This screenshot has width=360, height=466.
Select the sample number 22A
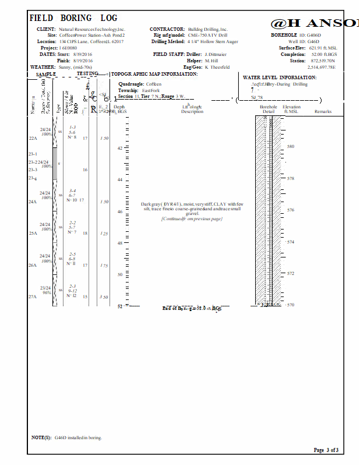pyautogui.click(x=33, y=139)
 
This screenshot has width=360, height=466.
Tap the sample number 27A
pyautogui.click(x=33, y=297)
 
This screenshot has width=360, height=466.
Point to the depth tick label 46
pyautogui.click(x=120, y=211)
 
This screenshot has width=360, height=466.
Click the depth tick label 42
pyautogui.click(x=120, y=148)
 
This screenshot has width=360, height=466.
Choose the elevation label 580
pyautogui.click(x=291, y=147)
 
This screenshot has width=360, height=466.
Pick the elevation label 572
pyautogui.click(x=291, y=273)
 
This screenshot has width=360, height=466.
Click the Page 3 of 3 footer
pyautogui.click(x=326, y=450)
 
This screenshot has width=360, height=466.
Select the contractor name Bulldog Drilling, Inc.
pyautogui.click(x=208, y=29)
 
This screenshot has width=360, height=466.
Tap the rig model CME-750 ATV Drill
pyautogui.click(x=207, y=36)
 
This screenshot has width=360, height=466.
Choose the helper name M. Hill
pyautogui.click(x=211, y=61)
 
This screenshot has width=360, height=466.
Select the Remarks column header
pyautogui.click(x=323, y=111)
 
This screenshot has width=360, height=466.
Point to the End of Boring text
pyautogui.click(x=192, y=308)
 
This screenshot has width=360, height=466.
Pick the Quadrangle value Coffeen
pyautogui.click(x=154, y=84)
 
